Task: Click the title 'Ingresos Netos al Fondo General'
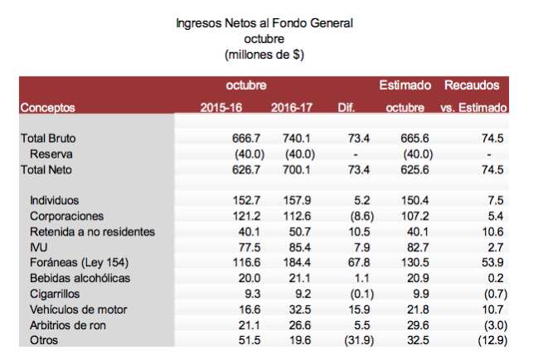pyautogui.click(x=264, y=24)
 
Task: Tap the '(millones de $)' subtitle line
pyautogui.click(x=264, y=55)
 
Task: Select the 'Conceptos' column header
pyautogui.click(x=47, y=108)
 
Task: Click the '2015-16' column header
pyautogui.click(x=221, y=108)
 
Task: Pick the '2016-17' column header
pyautogui.click(x=291, y=108)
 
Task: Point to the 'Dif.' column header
pyautogui.click(x=347, y=108)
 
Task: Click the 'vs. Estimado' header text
pyautogui.click(x=473, y=108)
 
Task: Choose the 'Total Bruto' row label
pyautogui.click(x=51, y=139)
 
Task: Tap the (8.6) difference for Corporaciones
pyautogui.click(x=352, y=215)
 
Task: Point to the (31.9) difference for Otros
pyautogui.click(x=350, y=338)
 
